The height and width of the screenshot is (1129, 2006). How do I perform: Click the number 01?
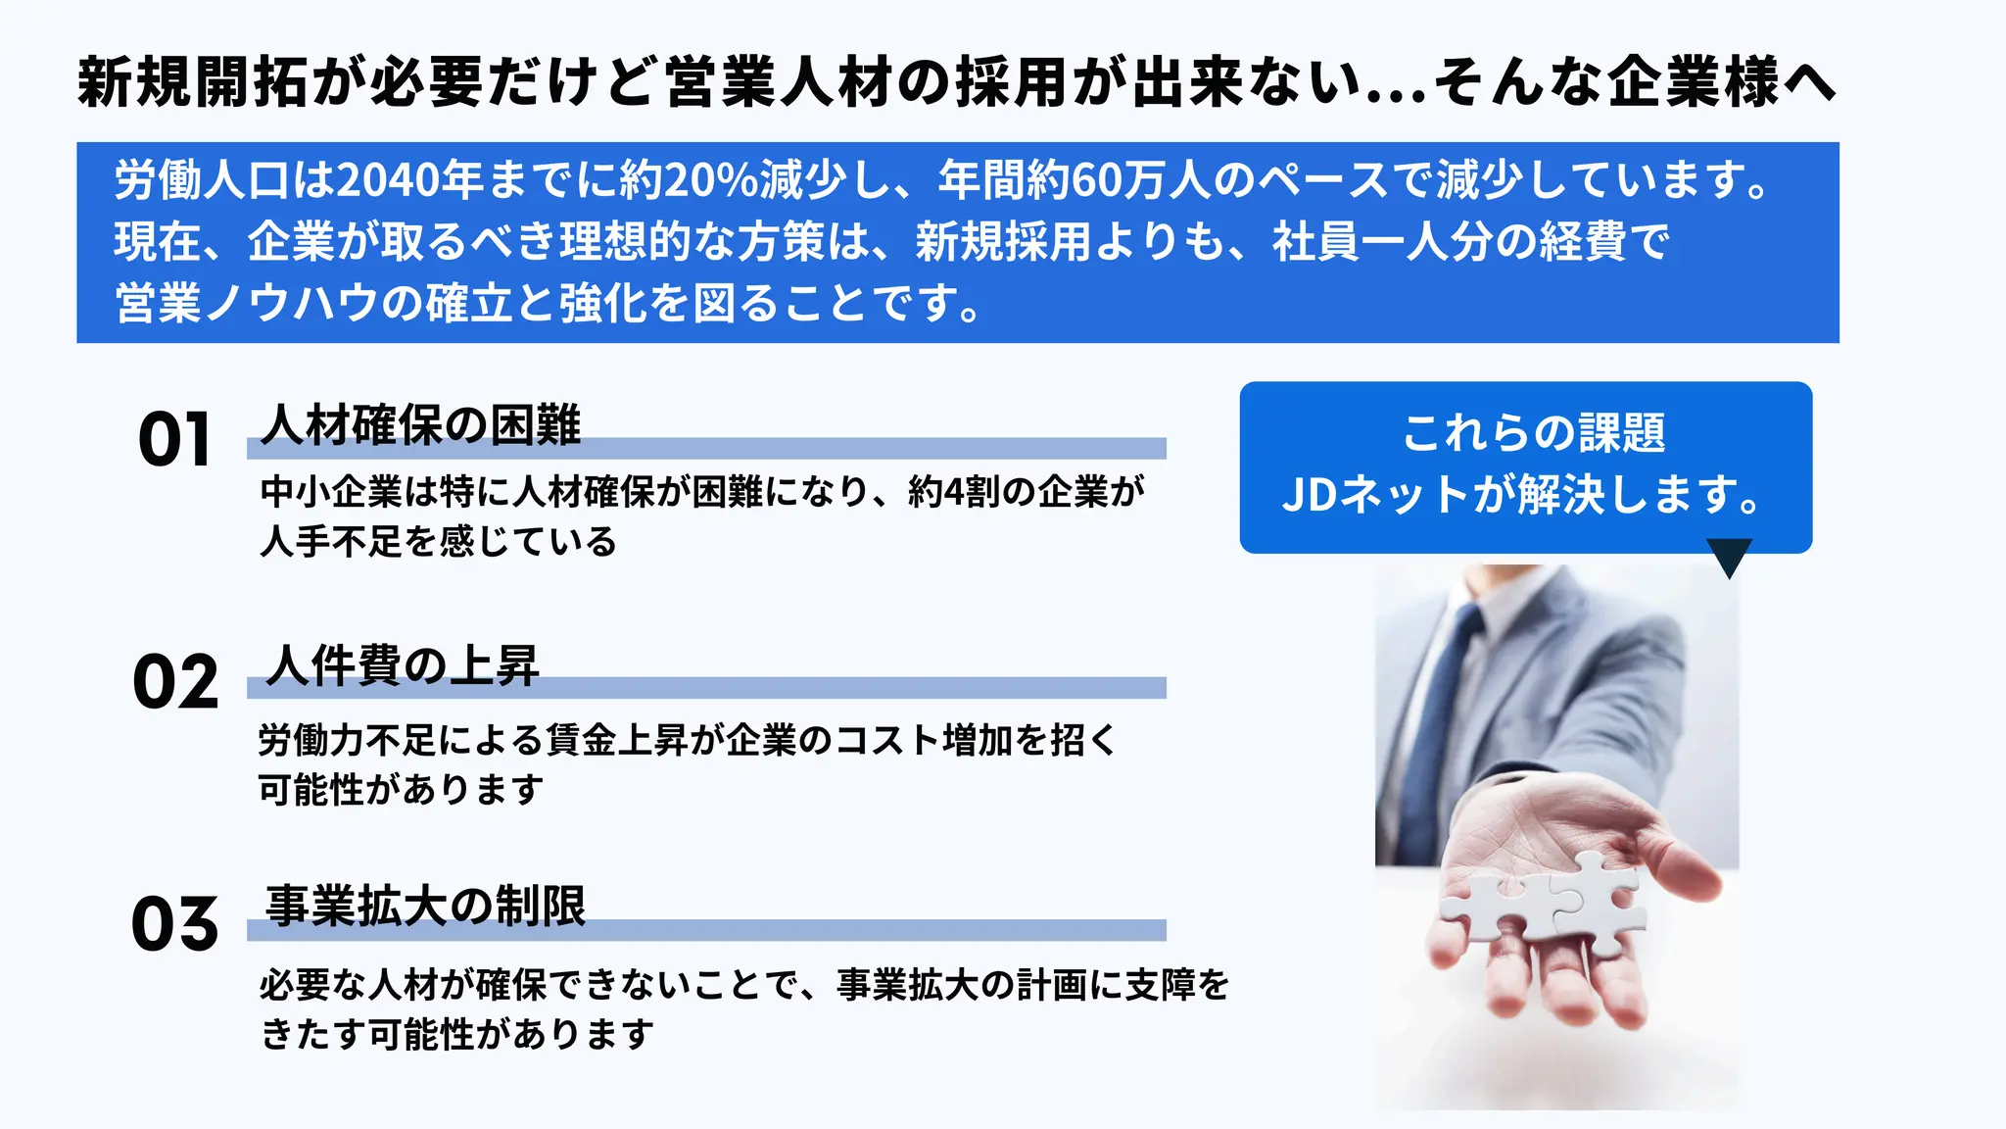[174, 439]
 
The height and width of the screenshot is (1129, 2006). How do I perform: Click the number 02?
[175, 682]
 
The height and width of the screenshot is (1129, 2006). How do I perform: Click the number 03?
[175, 924]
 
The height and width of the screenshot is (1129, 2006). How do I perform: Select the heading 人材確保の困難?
[421, 425]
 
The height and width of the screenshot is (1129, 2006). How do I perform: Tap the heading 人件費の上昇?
[403, 665]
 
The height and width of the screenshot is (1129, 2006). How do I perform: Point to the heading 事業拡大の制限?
[425, 906]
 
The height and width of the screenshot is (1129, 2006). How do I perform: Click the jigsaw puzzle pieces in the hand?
[1548, 902]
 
